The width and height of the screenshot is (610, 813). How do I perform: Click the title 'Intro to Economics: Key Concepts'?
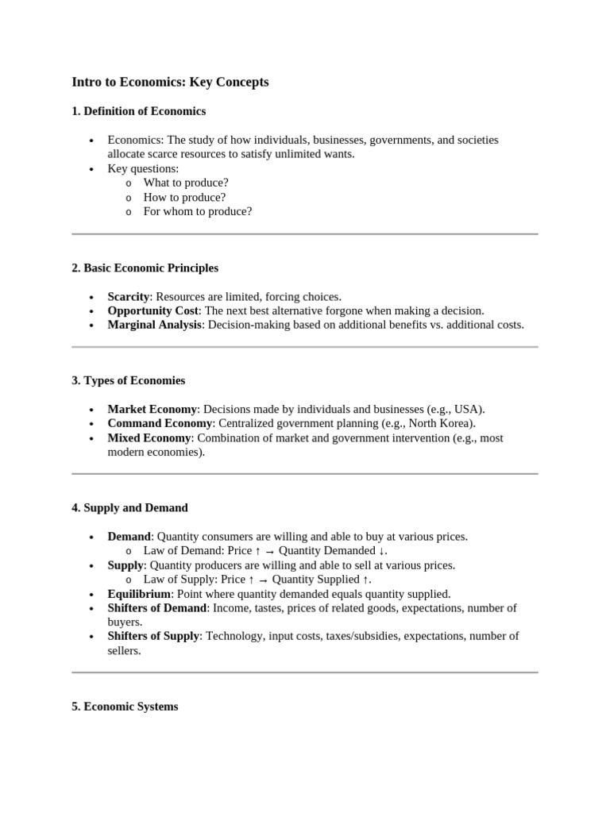[170, 82]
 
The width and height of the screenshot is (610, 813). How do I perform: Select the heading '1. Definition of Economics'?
[138, 111]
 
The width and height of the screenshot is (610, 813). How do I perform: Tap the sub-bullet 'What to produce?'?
[186, 183]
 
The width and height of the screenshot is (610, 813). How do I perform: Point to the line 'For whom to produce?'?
[197, 211]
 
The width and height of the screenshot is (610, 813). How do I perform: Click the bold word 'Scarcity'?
[129, 296]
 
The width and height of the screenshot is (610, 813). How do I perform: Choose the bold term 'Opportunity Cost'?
[152, 310]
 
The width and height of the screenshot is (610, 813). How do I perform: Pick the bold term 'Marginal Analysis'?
[154, 325]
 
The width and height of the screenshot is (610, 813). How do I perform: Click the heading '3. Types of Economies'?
[128, 380]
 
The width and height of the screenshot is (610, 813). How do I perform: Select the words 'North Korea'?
[442, 423]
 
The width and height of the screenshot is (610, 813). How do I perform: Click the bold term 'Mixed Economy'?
[149, 437]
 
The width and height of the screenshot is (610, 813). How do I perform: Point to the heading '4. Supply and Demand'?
[129, 507]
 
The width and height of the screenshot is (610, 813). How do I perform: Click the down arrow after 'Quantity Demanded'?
[382, 551]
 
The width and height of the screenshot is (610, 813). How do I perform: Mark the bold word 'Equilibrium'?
[139, 594]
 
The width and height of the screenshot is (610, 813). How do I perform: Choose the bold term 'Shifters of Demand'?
[157, 608]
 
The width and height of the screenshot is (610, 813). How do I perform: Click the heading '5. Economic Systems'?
[125, 706]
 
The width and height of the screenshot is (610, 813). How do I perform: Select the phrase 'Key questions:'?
[143, 168]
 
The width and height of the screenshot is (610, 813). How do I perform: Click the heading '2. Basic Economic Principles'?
[145, 268]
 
